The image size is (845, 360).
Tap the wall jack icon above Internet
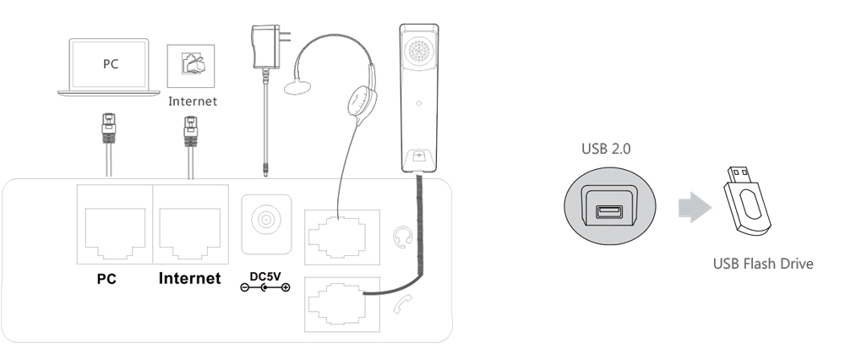(x=191, y=66)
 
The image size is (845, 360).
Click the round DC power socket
(x=265, y=220)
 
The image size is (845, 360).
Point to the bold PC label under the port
(x=106, y=279)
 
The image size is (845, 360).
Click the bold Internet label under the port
(x=189, y=279)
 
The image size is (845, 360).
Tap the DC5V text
(x=265, y=277)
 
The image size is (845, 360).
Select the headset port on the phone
(x=341, y=237)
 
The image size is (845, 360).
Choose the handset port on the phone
(x=341, y=304)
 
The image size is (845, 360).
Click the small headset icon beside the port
(x=402, y=237)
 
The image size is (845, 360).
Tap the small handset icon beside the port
(x=402, y=305)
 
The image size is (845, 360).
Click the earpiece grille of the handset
(x=419, y=52)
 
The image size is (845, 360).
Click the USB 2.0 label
(x=606, y=149)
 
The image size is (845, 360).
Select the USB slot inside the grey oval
(x=609, y=210)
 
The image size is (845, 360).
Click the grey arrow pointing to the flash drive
(x=695, y=208)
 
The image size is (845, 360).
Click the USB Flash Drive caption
(x=763, y=264)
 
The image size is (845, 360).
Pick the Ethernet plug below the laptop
(x=109, y=128)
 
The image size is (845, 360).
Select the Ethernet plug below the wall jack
(x=191, y=132)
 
